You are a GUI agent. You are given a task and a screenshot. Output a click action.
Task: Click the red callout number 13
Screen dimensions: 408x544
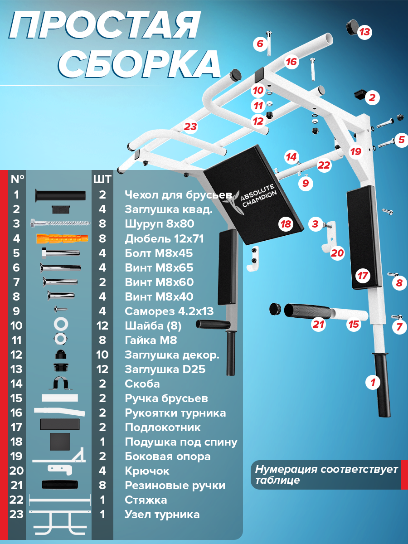point(364,32)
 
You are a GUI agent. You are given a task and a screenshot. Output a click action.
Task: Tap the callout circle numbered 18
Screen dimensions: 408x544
point(286,224)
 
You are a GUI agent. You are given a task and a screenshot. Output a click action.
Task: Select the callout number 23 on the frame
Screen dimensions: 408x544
point(190,126)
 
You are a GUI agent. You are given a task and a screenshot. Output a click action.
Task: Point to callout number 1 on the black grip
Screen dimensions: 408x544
point(373,382)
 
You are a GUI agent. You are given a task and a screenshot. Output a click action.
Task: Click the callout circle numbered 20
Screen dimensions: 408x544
point(337,253)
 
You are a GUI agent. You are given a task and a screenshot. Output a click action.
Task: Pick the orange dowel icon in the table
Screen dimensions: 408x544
point(62,238)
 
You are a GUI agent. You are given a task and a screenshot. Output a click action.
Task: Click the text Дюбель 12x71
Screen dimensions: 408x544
point(164,238)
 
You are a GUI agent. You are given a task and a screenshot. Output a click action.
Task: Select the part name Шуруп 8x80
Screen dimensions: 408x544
point(160,224)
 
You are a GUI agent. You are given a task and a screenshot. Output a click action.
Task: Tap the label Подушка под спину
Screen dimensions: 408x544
point(181,442)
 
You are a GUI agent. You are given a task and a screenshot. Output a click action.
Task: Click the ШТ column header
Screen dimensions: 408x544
point(102,179)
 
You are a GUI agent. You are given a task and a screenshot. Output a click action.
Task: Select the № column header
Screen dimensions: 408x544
point(17,179)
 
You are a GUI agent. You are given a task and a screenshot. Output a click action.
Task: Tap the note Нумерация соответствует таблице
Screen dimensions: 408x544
point(326,475)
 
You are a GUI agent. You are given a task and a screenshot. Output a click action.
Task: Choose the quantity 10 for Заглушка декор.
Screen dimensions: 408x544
point(102,355)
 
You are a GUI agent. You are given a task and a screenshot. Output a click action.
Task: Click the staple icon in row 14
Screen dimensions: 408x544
point(60,384)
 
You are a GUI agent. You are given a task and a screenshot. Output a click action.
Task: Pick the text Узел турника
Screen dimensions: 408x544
point(162,515)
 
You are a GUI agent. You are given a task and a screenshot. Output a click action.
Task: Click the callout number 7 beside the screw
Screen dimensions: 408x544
point(399,327)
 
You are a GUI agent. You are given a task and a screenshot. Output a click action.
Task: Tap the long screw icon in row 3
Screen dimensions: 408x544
point(60,223)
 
